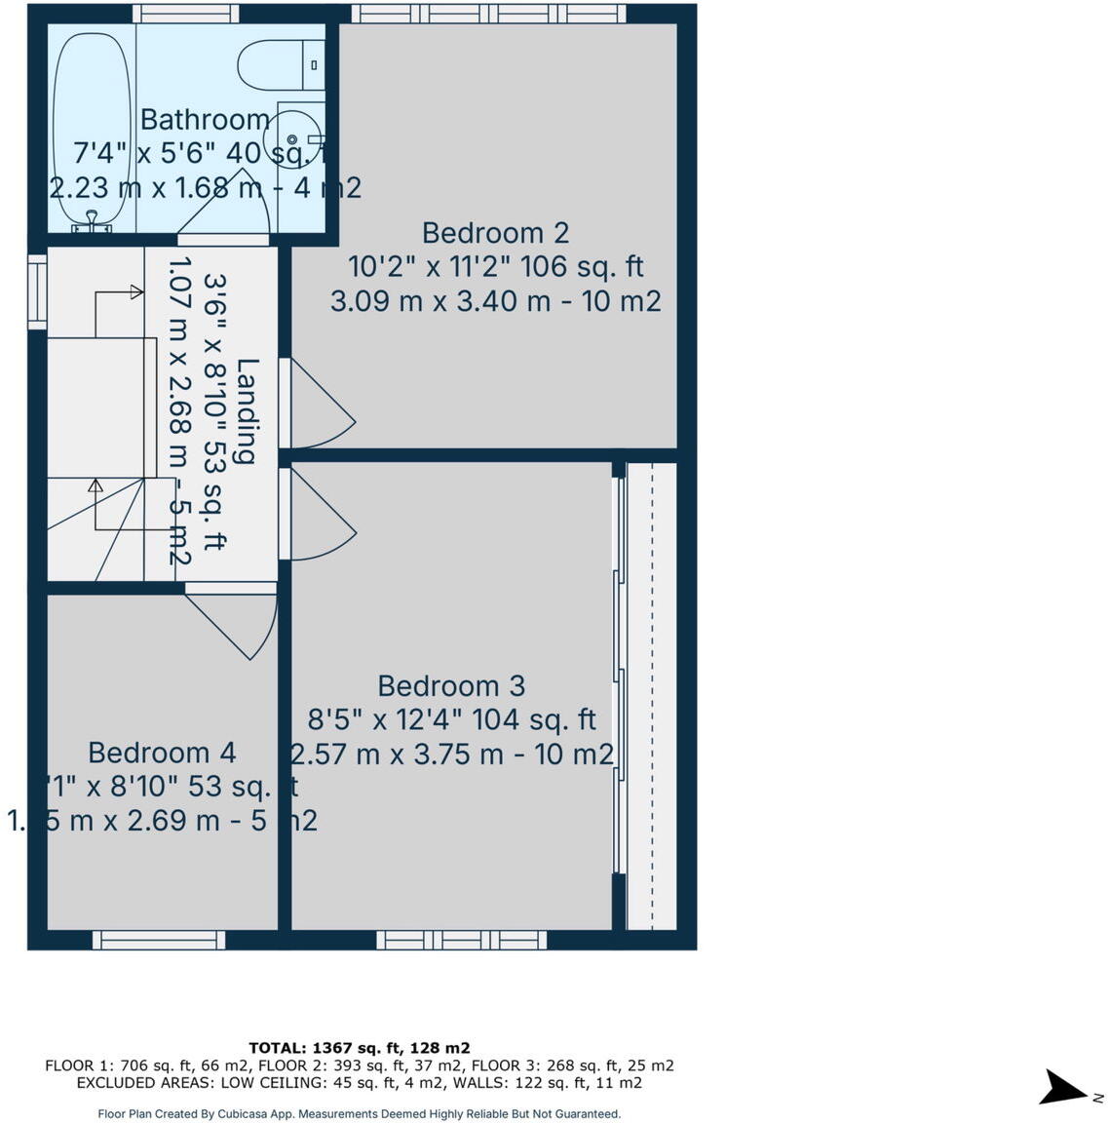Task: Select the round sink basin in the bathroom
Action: coord(294,138)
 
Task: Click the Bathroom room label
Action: coord(205,120)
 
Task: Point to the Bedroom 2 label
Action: coord(495,233)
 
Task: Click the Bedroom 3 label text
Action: coord(451,686)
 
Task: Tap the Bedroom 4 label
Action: coord(162,753)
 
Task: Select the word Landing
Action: coord(248,410)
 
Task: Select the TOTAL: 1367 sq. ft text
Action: coord(359,1048)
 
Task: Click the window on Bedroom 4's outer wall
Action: coord(159,940)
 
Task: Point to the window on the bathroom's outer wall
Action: coord(185,13)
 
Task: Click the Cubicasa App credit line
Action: coord(359,1113)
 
